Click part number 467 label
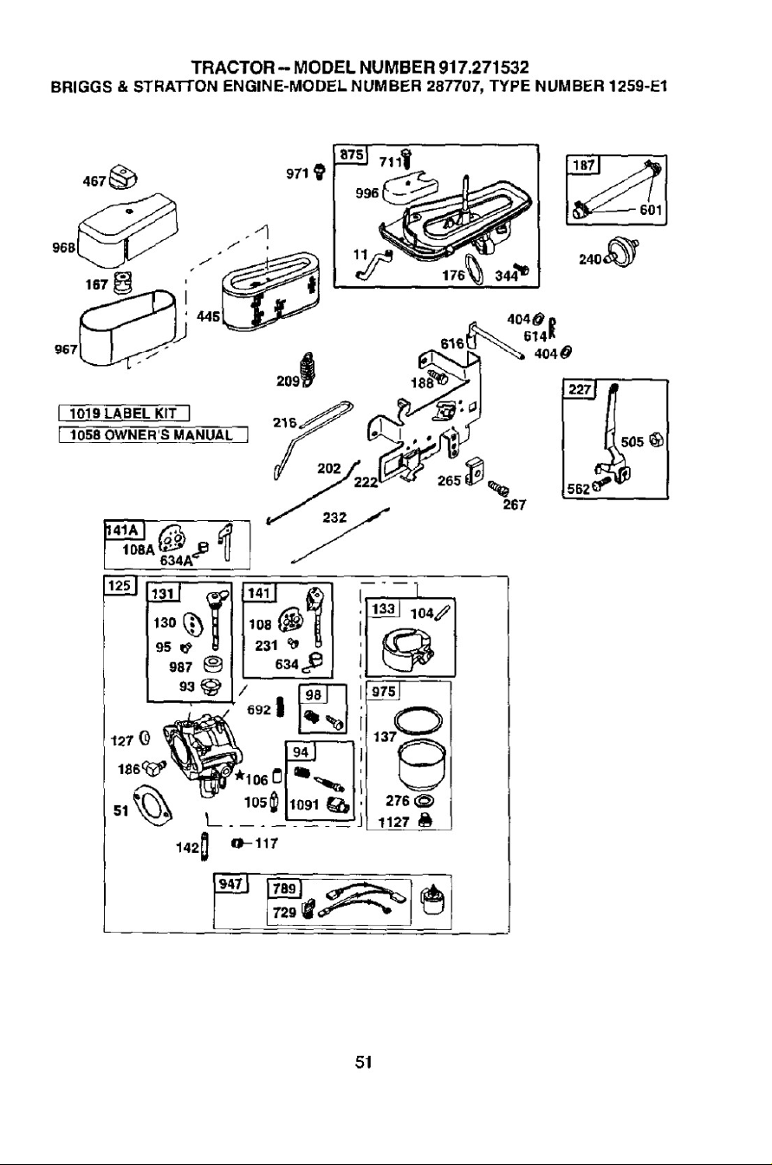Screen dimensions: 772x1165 94,181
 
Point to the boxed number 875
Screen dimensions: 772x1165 350,155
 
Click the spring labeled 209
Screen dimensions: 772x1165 308,369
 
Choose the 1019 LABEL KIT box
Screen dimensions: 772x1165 123,414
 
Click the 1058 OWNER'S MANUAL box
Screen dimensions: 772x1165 152,434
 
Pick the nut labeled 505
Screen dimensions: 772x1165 657,440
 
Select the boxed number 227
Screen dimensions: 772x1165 578,389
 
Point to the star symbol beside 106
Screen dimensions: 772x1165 240,776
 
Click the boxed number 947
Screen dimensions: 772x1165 230,884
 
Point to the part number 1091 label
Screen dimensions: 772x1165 303,805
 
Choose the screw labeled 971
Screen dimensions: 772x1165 319,171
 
